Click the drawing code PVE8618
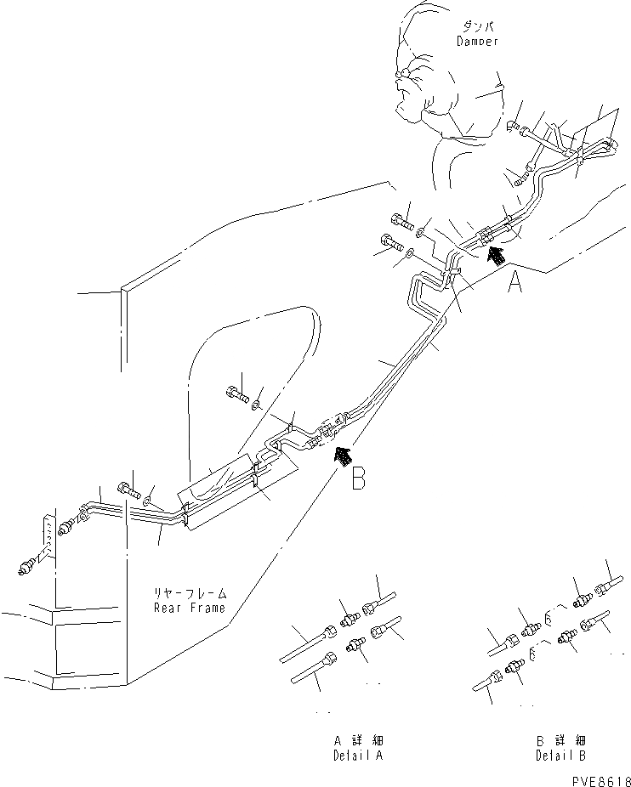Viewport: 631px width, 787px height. point(597,780)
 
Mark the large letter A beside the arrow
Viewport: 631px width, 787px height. point(514,283)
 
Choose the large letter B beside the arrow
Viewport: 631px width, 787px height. point(359,478)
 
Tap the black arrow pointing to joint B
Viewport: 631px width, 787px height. point(342,456)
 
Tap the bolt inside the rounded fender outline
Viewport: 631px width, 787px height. point(236,393)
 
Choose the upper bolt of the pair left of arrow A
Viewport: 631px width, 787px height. point(402,223)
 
